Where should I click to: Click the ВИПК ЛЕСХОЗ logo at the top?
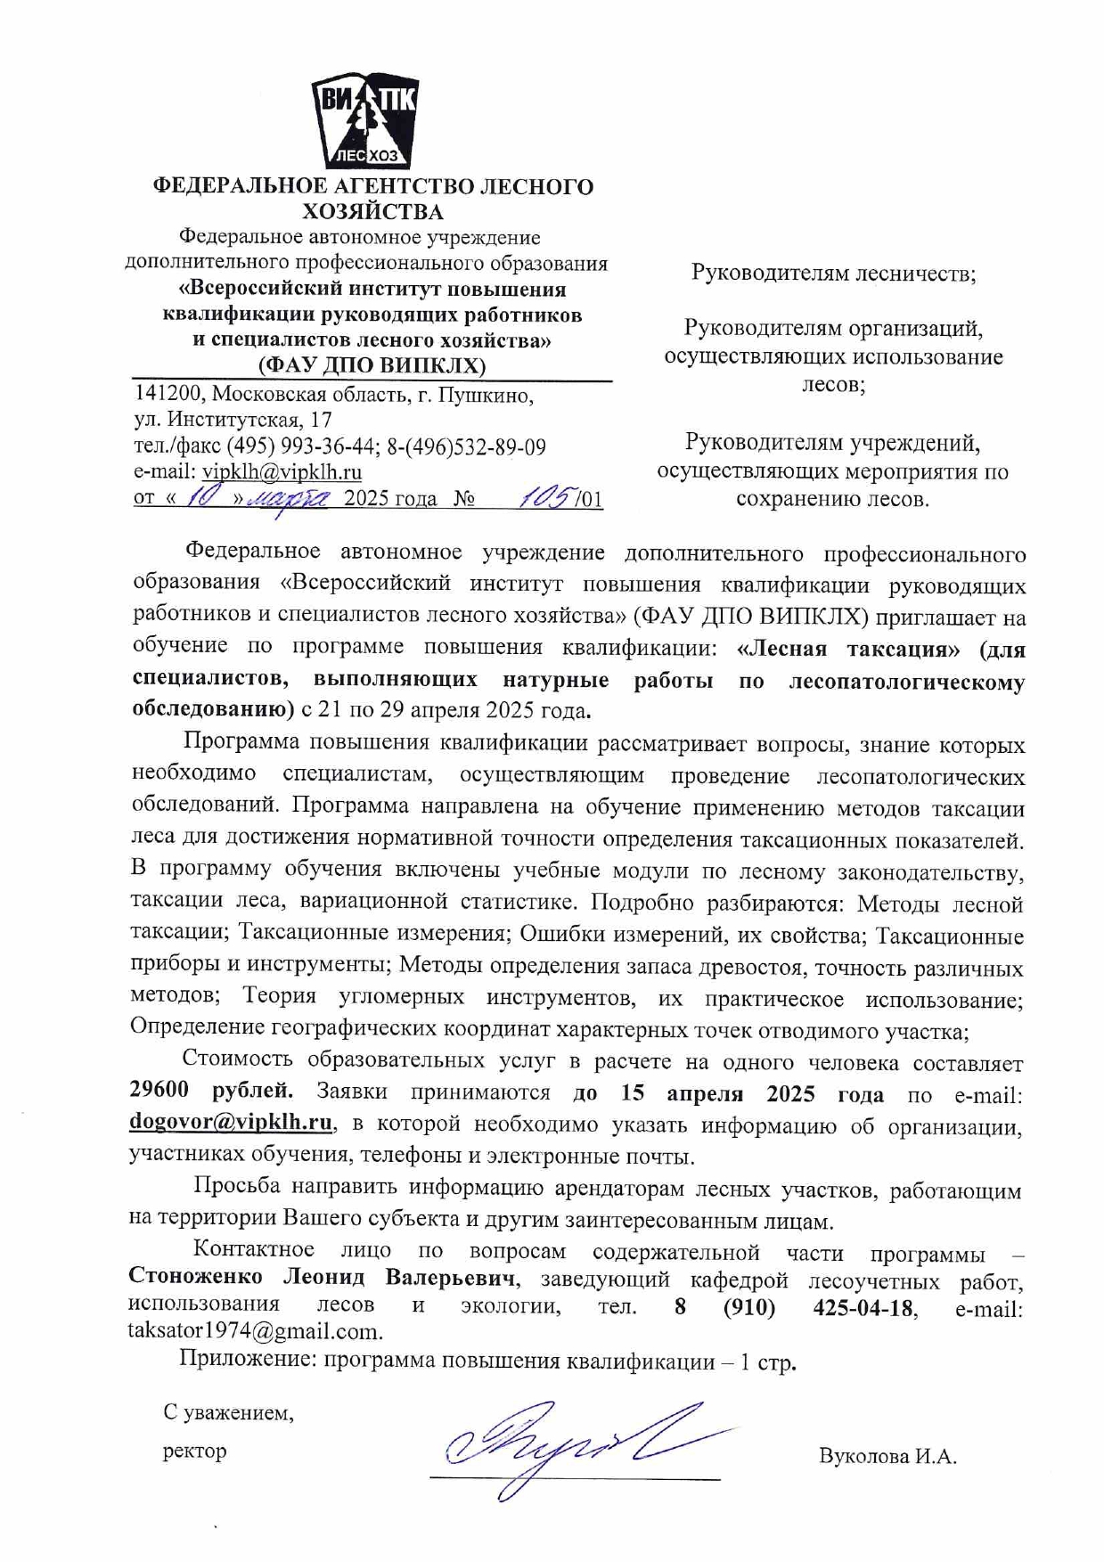coord(364,122)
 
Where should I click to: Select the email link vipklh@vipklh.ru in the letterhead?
coord(282,472)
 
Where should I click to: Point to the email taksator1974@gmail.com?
coord(256,1332)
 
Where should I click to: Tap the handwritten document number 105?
coord(547,497)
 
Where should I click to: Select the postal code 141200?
coord(169,395)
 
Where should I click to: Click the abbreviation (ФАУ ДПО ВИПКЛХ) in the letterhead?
coord(372,365)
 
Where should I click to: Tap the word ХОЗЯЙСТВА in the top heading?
coord(372,212)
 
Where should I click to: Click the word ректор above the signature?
coord(194,1451)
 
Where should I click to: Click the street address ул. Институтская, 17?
coord(233,420)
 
